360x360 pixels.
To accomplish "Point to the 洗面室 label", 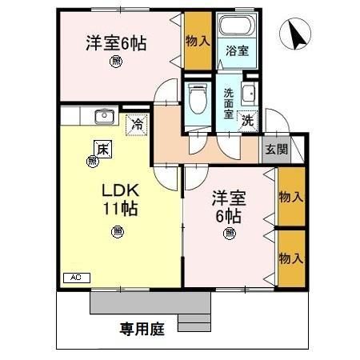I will click(x=228, y=103).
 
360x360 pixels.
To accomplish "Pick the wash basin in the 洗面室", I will click(x=249, y=94).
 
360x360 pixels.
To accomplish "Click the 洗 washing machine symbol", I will click(x=249, y=122).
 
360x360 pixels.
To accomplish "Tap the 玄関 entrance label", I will click(x=277, y=148).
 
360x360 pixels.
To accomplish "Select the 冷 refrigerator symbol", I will click(x=138, y=124).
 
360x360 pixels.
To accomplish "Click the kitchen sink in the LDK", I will click(x=103, y=117).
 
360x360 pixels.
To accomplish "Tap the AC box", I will click(x=77, y=277).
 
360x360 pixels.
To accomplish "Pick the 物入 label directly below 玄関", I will click(x=290, y=197).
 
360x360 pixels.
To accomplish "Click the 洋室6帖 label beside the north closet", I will click(x=117, y=43).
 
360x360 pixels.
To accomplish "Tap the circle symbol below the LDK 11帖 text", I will click(x=118, y=231).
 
